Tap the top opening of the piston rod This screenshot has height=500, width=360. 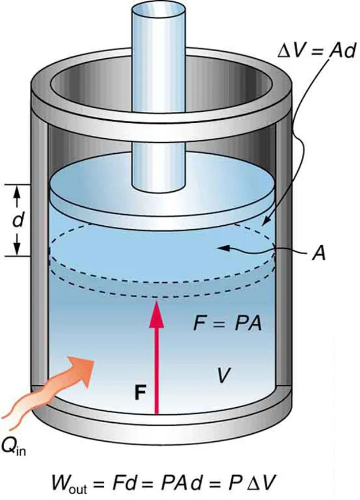(158, 12)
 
